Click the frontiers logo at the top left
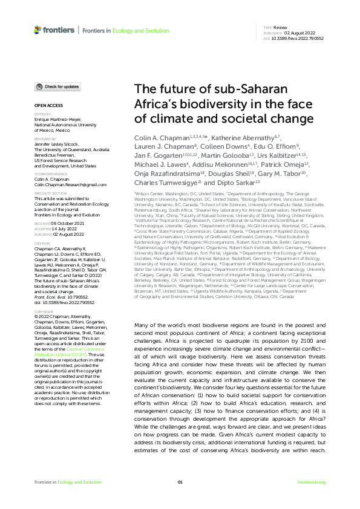pyautogui.click(x=54, y=28)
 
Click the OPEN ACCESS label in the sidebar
pyautogui.click(x=45, y=105)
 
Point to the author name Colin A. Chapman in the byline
pyautogui.click(x=157, y=137)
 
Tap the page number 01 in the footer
pyautogui.click(x=180, y=482)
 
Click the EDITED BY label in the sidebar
pyautogui.click(x=42, y=113)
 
